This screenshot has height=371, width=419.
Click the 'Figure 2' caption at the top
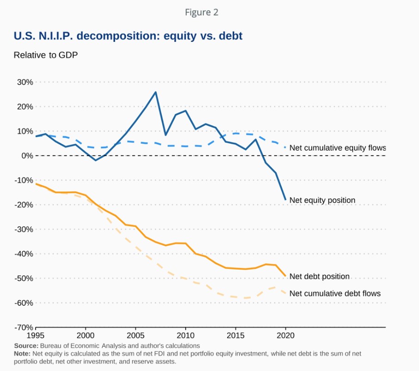201,12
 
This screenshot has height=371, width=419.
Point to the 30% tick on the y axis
24,82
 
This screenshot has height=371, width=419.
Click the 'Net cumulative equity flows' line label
337,148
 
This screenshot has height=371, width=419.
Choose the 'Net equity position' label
322,200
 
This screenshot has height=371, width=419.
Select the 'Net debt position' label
319,277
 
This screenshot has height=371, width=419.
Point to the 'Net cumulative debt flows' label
335,293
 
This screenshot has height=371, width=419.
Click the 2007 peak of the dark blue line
155,92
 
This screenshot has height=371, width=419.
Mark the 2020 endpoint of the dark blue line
285,199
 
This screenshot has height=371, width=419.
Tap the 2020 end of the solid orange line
285,276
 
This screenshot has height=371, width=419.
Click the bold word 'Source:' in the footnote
26,346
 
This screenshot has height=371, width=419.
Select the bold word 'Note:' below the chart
22,354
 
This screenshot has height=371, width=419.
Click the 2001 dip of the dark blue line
95,160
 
